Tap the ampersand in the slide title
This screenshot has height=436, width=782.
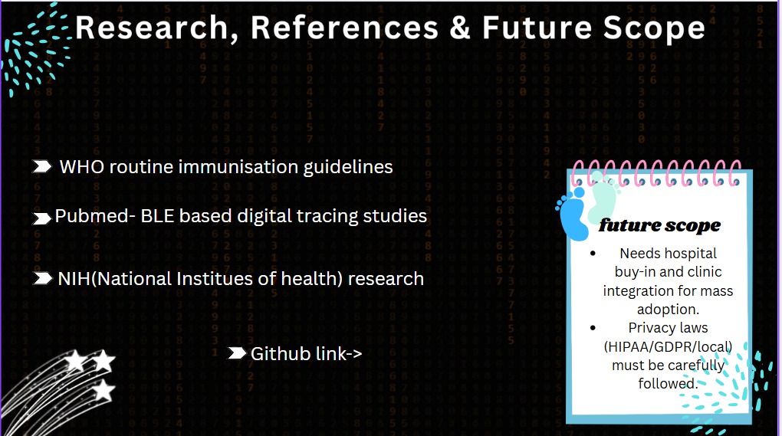point(459,28)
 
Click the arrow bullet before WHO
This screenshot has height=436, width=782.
point(42,166)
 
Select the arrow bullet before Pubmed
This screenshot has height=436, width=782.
point(42,218)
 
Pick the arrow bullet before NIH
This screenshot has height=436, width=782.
point(42,279)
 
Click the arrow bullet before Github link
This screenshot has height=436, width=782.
point(237,353)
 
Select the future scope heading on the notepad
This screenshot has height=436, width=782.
point(659,225)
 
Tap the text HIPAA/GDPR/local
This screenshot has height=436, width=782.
point(669,346)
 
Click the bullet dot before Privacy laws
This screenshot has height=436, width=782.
point(593,328)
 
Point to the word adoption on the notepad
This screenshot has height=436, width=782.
point(669,310)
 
